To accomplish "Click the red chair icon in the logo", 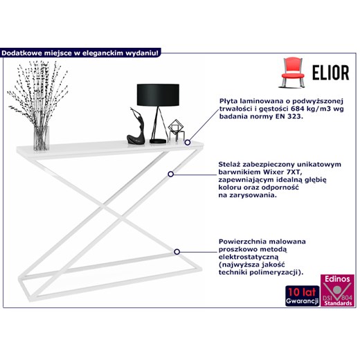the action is click(292, 73).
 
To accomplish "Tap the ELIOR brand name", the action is click(331, 73).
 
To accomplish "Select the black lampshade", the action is click(158, 95).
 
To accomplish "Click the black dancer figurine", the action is click(136, 127).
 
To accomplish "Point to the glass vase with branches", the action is click(42, 138).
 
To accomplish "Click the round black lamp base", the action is click(158, 141).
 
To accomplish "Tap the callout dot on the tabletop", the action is click(188, 143).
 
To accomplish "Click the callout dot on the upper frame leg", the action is click(170, 174).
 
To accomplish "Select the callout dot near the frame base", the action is click(177, 252).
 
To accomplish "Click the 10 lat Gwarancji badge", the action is click(303, 296).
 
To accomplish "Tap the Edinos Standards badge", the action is click(337, 290).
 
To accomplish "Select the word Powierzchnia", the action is click(240, 242).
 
